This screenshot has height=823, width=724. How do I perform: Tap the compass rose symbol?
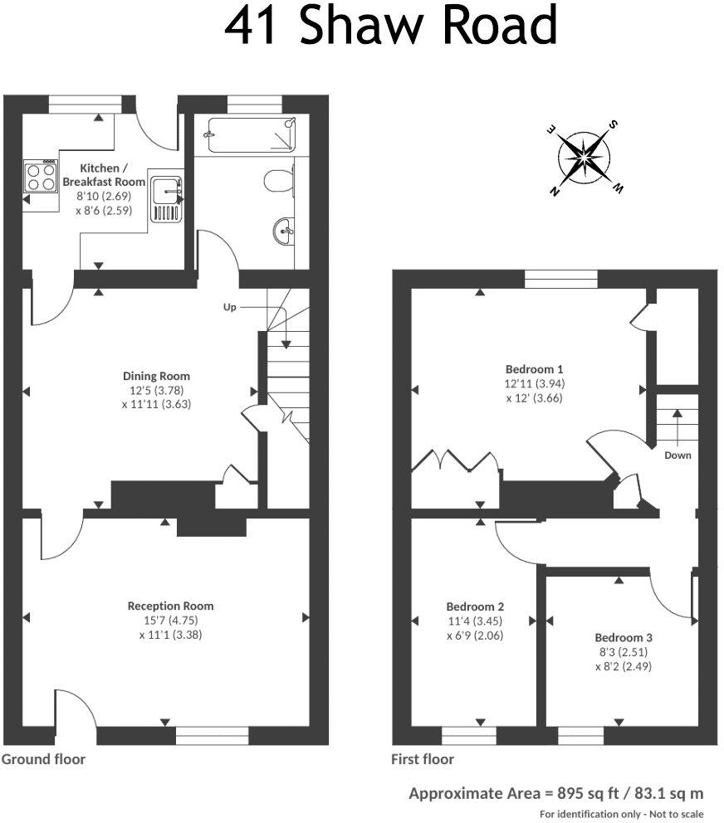(x=586, y=157)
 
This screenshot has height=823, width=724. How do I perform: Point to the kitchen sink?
(x=167, y=199)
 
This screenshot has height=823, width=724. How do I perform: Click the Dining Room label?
(x=146, y=376)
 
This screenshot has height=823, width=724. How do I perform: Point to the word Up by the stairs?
(x=230, y=307)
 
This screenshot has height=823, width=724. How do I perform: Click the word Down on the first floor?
(x=677, y=455)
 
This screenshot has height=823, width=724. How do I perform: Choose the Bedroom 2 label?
(x=474, y=606)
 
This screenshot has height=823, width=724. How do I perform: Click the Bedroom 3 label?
(x=623, y=637)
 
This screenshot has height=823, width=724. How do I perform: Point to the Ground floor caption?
(x=43, y=758)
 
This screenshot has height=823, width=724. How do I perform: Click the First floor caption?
(x=422, y=758)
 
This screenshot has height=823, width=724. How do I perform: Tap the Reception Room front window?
(x=213, y=733)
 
